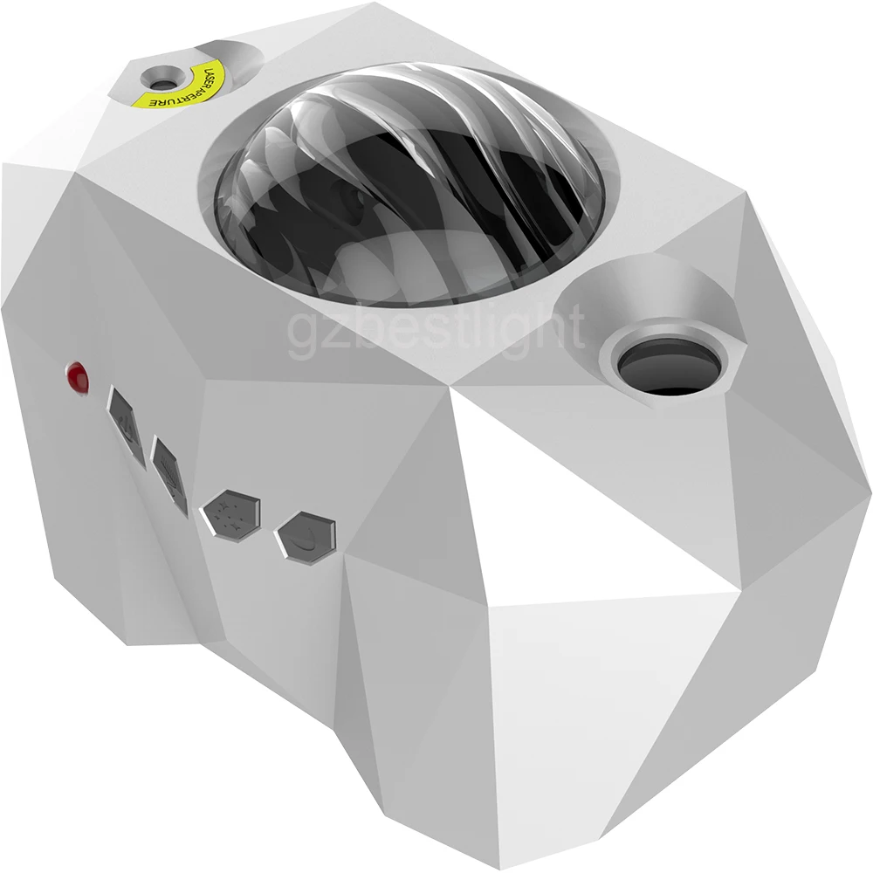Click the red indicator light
(x=78, y=377)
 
